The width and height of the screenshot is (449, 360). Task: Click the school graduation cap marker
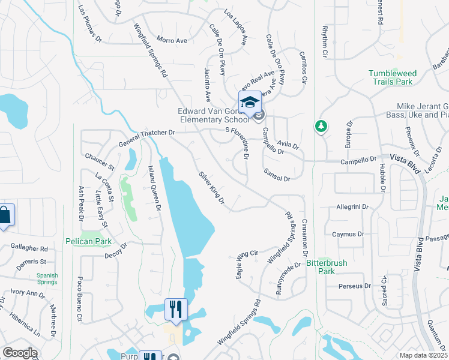[250, 101]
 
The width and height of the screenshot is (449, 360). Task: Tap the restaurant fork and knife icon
[176, 310]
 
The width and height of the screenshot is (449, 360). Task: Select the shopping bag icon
[4, 215]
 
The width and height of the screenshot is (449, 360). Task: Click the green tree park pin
[321, 126]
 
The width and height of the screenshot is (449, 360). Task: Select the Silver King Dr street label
[212, 188]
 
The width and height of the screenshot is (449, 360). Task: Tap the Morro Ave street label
[172, 41]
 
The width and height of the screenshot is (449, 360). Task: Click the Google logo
[20, 353]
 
